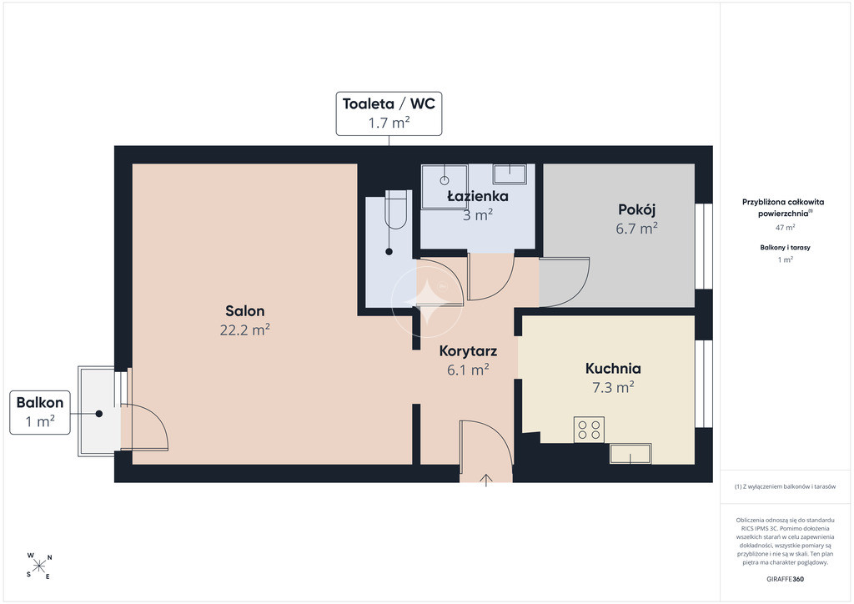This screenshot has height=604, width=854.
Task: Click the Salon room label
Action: [x=245, y=311]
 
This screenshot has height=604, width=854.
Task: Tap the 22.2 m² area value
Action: [x=245, y=330]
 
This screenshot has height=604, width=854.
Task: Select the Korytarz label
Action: [x=468, y=351]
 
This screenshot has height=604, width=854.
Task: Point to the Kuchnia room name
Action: [x=613, y=369]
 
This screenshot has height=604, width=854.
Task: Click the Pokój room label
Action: [x=636, y=209]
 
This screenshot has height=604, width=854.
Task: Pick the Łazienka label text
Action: [x=478, y=196]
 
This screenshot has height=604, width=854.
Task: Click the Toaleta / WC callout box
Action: [x=389, y=113]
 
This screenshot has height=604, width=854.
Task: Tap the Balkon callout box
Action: [x=40, y=412]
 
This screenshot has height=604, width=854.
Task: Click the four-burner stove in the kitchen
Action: [x=589, y=430]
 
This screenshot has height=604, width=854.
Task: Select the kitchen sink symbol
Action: [x=630, y=454]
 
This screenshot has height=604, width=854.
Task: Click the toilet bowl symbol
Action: [x=395, y=209]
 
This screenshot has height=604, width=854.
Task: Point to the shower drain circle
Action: [x=445, y=179]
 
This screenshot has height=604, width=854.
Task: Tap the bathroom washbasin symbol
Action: [x=510, y=174]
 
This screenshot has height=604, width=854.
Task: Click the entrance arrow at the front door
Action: [x=486, y=481]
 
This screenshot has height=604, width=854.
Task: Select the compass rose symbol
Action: [x=39, y=566]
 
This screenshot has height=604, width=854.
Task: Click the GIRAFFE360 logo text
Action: [x=785, y=579]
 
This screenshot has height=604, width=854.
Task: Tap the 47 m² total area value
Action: [x=785, y=228]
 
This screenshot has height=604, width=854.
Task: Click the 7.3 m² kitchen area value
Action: [x=613, y=387]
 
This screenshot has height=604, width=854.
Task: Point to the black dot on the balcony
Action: [x=99, y=414]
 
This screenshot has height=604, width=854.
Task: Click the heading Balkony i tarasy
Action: [x=785, y=247]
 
